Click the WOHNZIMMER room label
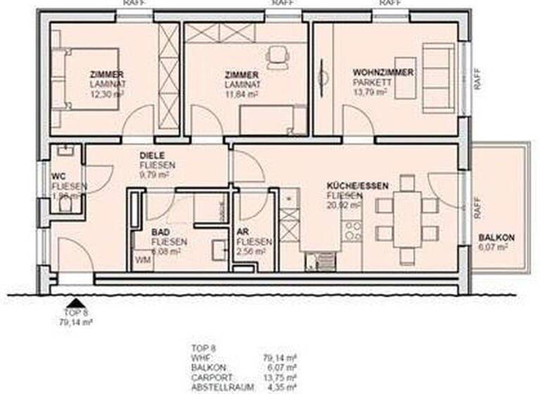coord(382,72)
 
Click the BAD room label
coord(160,231)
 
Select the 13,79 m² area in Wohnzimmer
coord(370,91)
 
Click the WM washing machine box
coord(143,260)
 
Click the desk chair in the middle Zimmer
coord(277,54)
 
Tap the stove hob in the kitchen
coord(353,230)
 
